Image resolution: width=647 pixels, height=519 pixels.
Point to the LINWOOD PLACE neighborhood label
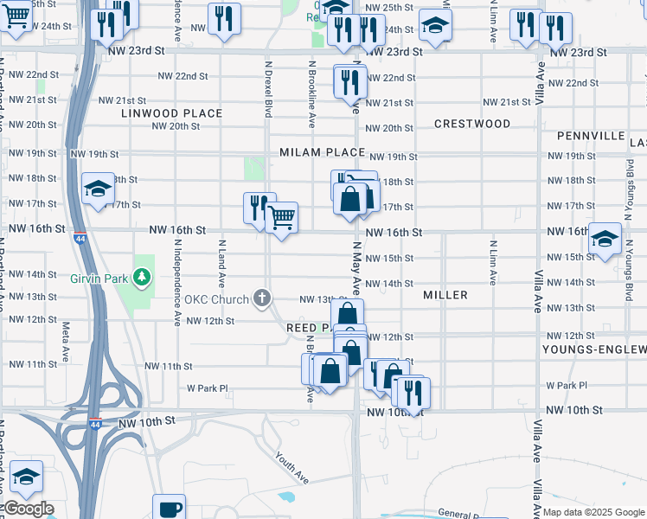pos(171,113)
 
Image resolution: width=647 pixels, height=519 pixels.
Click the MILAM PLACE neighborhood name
pos(322,152)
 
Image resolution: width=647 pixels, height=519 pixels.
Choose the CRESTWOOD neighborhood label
pos(472,124)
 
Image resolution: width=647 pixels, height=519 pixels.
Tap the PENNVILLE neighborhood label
pos(591,136)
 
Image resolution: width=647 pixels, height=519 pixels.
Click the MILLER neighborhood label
pos(445,295)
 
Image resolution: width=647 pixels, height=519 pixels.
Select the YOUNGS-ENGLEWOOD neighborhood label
pos(594,349)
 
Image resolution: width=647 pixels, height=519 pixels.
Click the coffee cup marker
pos(170,508)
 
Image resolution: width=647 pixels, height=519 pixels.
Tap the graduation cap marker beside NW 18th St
pos(98,189)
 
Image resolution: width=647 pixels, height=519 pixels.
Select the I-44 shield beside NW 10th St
pos(95,424)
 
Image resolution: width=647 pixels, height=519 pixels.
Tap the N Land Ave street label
pos(221,264)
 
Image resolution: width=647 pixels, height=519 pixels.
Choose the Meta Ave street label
pos(66,342)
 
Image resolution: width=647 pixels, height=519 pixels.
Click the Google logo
pos(28,509)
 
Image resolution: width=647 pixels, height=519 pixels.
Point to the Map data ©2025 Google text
pos(593,512)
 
